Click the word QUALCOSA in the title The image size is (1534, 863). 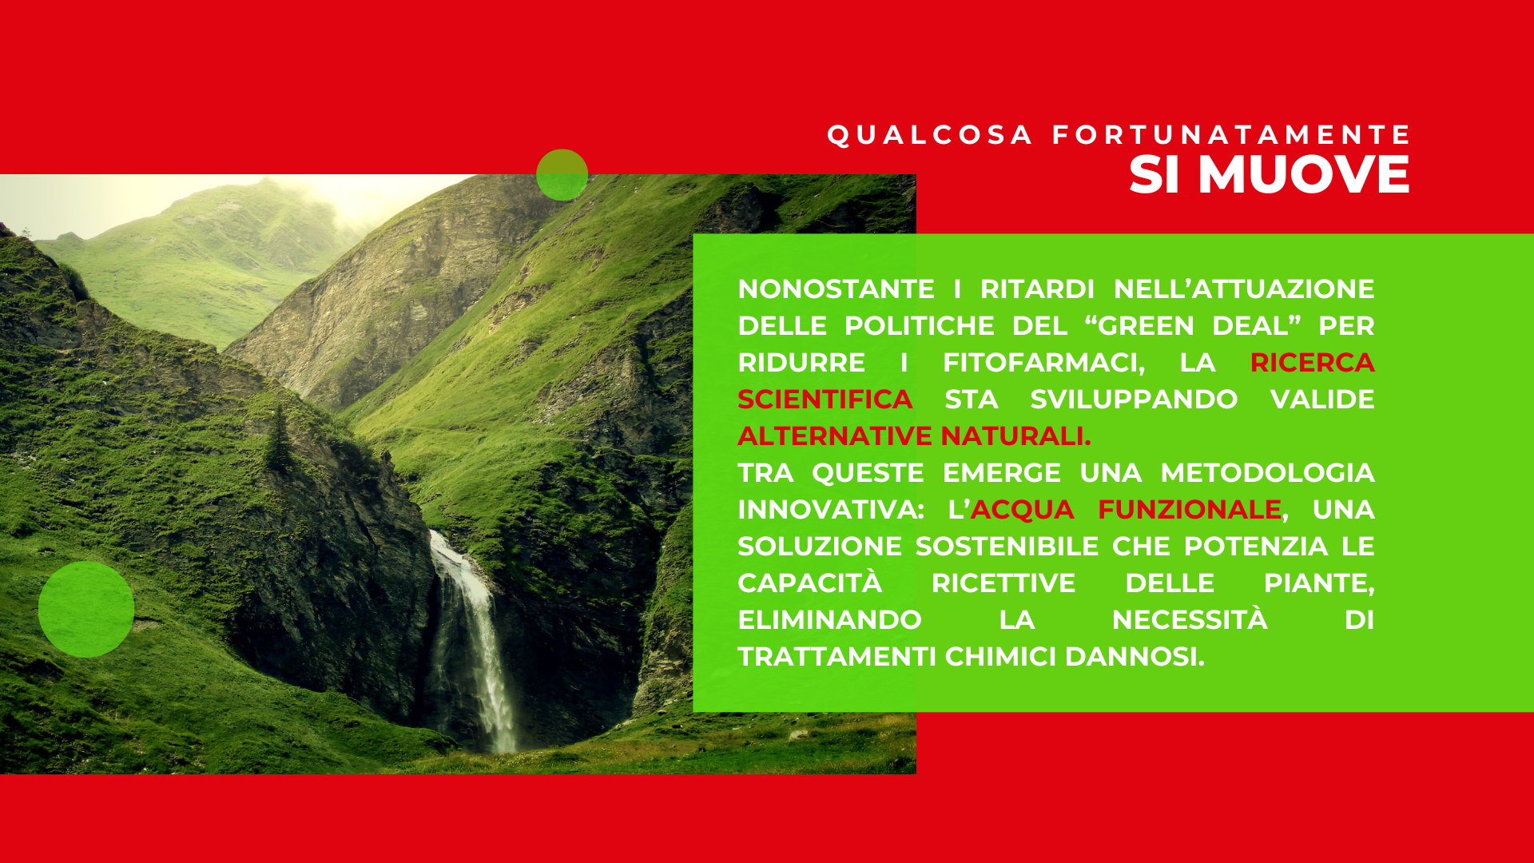pos(930,135)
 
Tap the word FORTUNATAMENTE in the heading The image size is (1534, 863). pos(1231,135)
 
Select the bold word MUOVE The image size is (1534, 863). pos(1304,174)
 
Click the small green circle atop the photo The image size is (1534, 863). pos(562,174)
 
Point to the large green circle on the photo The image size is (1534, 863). pos(86,609)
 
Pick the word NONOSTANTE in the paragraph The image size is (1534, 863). pos(836,288)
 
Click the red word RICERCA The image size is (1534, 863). pos(1312,362)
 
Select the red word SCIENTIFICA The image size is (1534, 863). pos(825,399)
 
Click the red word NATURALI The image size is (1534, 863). pos(1015,435)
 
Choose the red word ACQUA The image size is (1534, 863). pos(1023,509)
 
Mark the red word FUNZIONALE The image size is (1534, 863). pos(1190,509)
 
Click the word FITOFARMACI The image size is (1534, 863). pos(1043,363)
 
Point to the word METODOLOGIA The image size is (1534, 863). pos(1267,472)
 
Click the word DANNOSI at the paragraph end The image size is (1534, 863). pos(1135,656)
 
